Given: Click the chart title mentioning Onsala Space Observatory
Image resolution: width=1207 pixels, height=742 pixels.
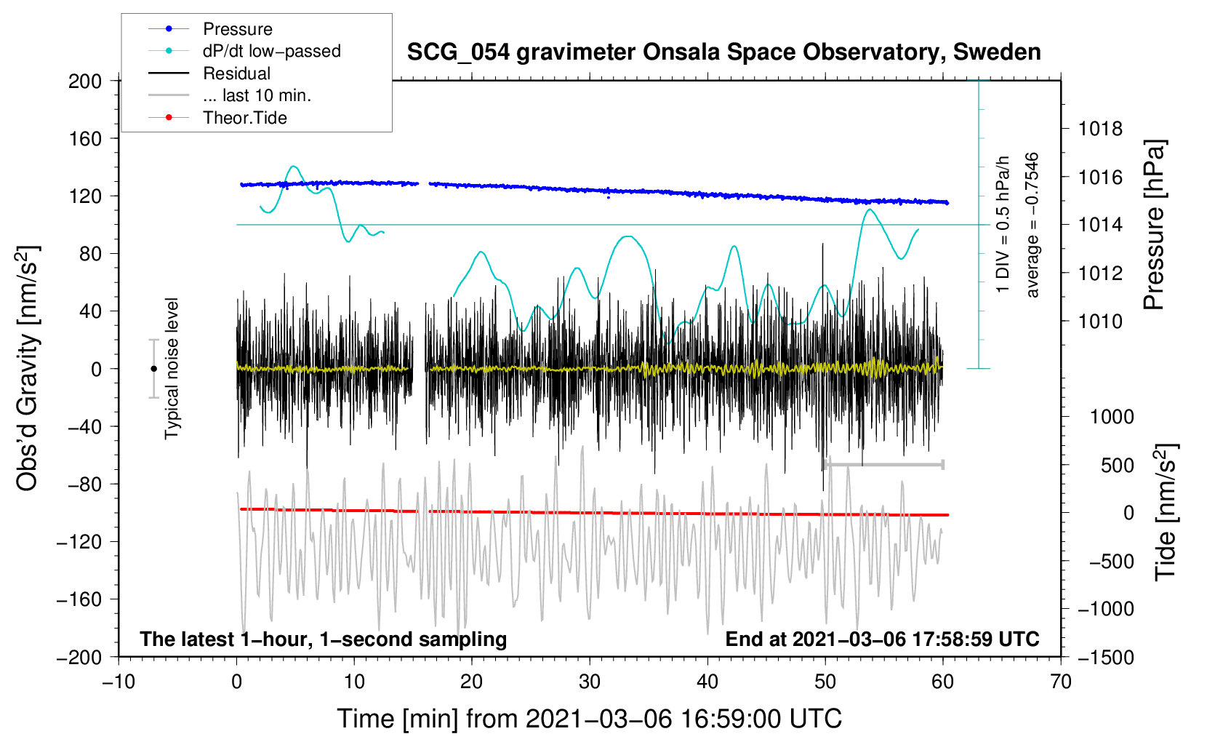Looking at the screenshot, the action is coord(723,52).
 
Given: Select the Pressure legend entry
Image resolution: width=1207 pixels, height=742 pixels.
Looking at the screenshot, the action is coord(238,28).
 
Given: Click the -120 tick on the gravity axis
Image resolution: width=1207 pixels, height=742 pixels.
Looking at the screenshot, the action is coord(79,542).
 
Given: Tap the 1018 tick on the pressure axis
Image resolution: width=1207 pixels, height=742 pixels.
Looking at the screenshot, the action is coord(1100,129).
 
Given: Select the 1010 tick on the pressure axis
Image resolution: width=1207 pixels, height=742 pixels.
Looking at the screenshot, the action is coord(1100,322).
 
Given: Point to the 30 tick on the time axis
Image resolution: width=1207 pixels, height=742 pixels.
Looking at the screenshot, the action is coord(590,682).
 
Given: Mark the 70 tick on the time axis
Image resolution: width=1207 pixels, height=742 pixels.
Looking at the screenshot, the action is coord(1060,682).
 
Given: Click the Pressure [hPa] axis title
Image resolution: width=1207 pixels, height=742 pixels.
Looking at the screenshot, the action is coord(1154,225).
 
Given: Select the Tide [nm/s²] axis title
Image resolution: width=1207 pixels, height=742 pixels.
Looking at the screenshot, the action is coord(1166,512).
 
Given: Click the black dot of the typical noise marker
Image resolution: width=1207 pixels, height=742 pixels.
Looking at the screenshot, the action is coord(153,369).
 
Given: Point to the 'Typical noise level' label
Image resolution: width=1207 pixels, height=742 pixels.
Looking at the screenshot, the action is coord(172,369).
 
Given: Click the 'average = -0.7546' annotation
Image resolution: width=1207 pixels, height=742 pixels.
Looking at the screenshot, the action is coord(1032,225).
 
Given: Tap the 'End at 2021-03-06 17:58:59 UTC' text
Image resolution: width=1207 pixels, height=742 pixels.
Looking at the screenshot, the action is coord(882,639).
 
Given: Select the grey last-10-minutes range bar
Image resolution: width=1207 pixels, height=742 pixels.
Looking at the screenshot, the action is coord(883,464).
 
